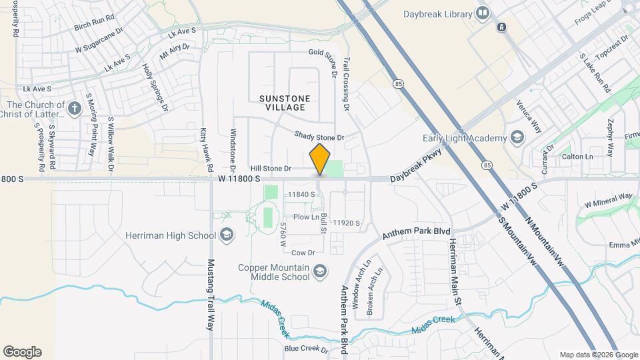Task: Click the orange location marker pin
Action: pyautogui.click(x=320, y=159)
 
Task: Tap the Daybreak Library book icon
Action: pyautogui.click(x=483, y=13)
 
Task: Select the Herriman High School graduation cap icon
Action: pyautogui.click(x=227, y=234)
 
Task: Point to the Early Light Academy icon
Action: pyautogui.click(x=517, y=138)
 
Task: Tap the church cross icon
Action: pyautogui.click(x=75, y=105)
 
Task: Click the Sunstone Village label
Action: pyautogui.click(x=285, y=103)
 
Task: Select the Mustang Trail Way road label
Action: pyautogui.click(x=210, y=295)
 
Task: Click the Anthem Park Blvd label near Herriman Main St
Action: pyautogui.click(x=416, y=233)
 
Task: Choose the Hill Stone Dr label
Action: pyautogui.click(x=271, y=169)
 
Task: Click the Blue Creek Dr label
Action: pyautogui.click(x=305, y=348)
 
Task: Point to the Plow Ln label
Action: pyautogui.click(x=307, y=217)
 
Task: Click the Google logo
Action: pyautogui.click(x=22, y=352)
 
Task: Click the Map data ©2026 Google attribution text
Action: pyautogui.click(x=598, y=355)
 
